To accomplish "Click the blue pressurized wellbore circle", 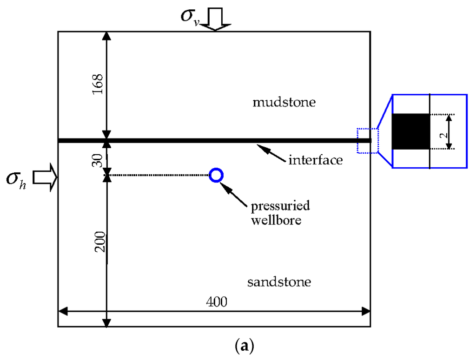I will (216, 175).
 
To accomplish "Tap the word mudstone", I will (284, 102).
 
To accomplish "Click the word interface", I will (316, 160).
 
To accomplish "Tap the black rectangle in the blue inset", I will (410, 131).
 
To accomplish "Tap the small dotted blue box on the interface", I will (367, 140).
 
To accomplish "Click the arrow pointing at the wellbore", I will (236, 191).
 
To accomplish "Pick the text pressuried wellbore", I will (280, 212).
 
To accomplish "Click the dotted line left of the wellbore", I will (158, 175).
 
